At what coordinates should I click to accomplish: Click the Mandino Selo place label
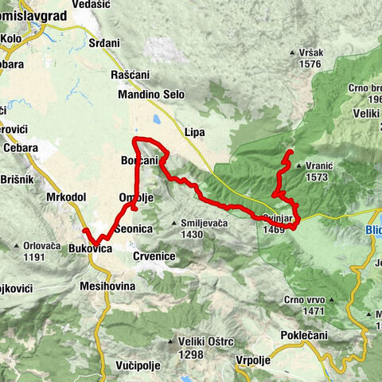tap(150, 95)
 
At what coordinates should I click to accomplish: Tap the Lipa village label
tap(195, 132)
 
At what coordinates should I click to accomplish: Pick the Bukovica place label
tap(90, 249)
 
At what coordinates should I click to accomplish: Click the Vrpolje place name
tap(255, 360)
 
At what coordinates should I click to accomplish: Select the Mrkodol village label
tap(66, 195)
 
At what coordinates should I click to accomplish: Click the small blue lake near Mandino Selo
tap(156, 120)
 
